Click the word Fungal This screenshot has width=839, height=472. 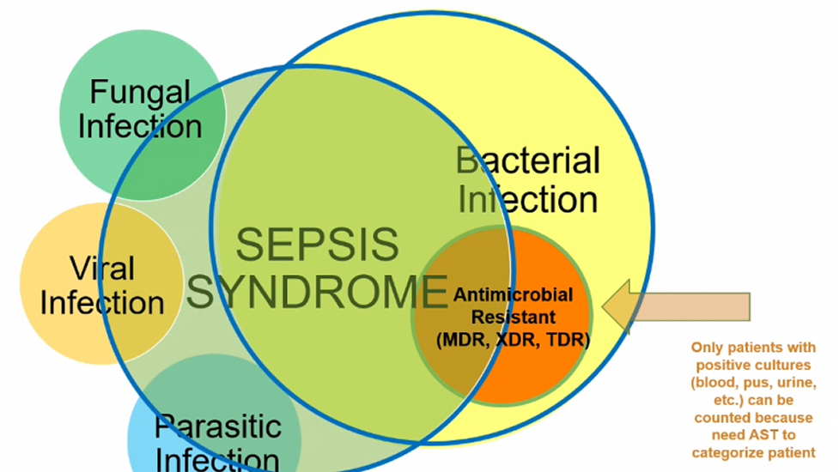point(140,93)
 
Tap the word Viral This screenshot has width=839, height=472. point(101,268)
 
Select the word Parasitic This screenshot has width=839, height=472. point(218,427)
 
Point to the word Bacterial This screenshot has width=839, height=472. point(527,160)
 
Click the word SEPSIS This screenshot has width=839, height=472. point(317,245)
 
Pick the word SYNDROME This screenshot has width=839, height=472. point(317,292)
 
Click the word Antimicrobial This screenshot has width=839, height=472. point(514,294)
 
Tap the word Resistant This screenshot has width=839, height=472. point(514,317)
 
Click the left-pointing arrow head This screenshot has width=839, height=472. point(617,307)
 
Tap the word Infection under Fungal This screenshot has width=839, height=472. point(140,126)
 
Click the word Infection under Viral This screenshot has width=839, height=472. point(101,303)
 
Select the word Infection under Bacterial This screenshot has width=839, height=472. point(527,199)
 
